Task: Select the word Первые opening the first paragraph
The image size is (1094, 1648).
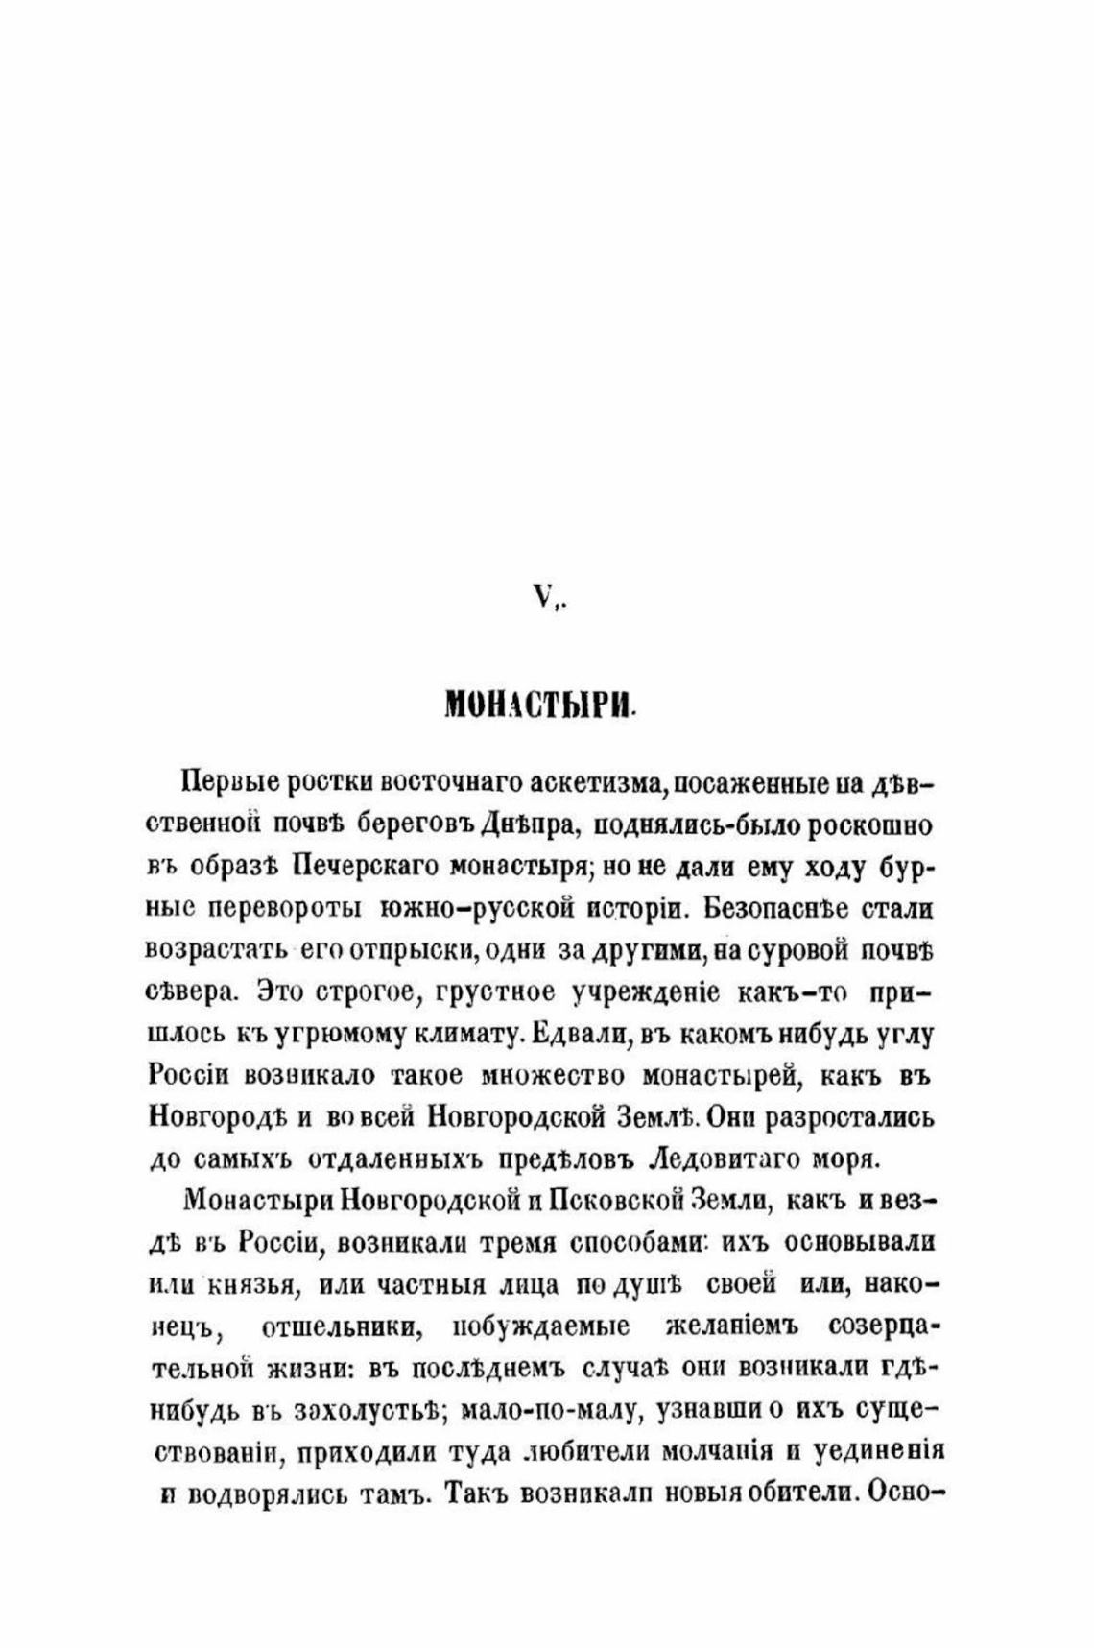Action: [x=227, y=782]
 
